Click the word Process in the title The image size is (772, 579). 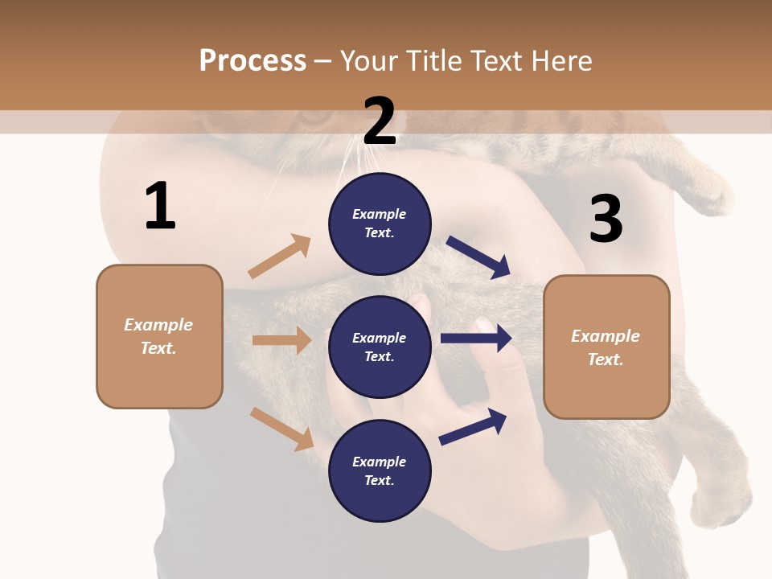[x=253, y=61]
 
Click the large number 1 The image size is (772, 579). [x=160, y=207]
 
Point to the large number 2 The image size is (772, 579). [x=380, y=121]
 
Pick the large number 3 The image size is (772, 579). [x=606, y=219]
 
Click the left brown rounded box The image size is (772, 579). [x=159, y=336]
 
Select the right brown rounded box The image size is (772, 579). [x=606, y=347]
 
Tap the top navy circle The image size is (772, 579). [x=380, y=224]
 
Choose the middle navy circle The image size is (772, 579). [x=380, y=347]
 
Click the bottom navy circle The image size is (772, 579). [x=380, y=470]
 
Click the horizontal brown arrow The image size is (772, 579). [x=281, y=340]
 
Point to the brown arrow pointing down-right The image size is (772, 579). [x=282, y=429]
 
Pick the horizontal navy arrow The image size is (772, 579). [x=476, y=338]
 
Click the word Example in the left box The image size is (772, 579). [x=158, y=325]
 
